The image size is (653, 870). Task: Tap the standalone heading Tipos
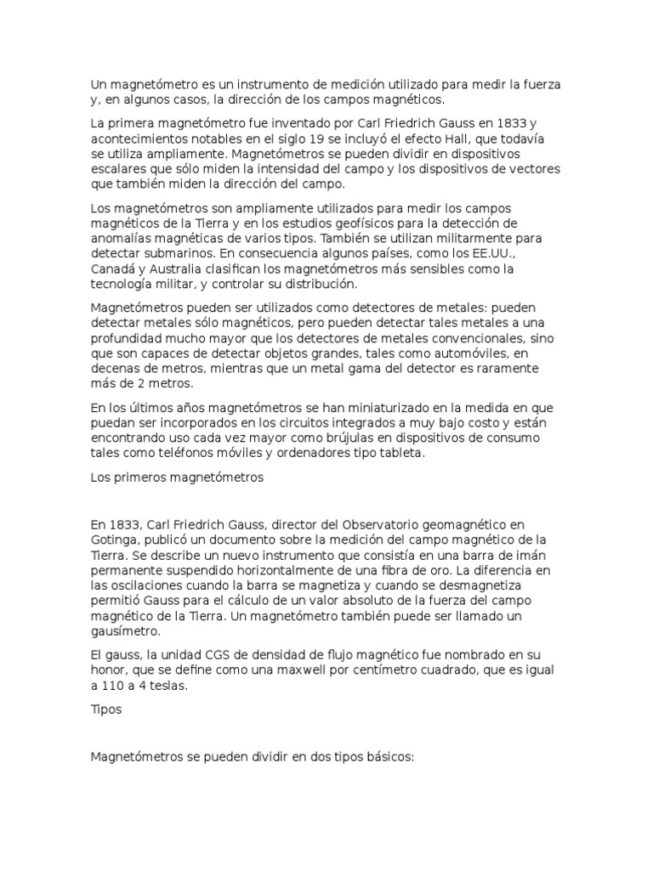(105, 711)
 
